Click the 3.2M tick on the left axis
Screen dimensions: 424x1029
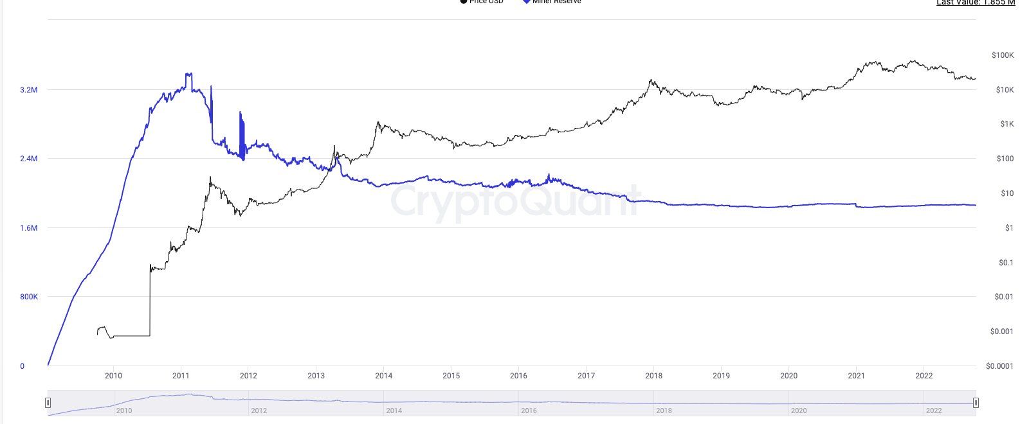[x=28, y=90]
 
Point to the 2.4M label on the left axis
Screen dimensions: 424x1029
[x=28, y=159]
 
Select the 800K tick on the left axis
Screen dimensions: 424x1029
[x=29, y=297]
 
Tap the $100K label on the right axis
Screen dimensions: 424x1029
[x=1003, y=55]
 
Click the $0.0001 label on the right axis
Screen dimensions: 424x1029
[x=999, y=366]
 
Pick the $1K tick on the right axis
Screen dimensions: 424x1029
[x=1006, y=124]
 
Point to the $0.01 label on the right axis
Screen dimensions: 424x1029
[x=1004, y=297]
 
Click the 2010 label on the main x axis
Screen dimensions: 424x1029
[x=113, y=376]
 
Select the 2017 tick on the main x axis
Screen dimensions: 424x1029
[x=586, y=376]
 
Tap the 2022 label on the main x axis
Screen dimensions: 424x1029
[x=924, y=376]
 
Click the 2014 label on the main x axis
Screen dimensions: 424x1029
[x=383, y=376]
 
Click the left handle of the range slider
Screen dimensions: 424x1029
[x=48, y=403]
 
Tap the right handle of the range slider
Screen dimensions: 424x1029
[x=976, y=403]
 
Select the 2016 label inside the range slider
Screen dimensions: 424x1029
[x=529, y=411]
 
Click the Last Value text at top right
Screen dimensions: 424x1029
[x=975, y=3]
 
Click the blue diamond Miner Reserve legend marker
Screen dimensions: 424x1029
[x=526, y=1]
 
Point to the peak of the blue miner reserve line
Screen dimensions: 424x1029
[x=188, y=74]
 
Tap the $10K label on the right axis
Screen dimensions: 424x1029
[x=1005, y=90]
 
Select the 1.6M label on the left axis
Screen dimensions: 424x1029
[x=28, y=228]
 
